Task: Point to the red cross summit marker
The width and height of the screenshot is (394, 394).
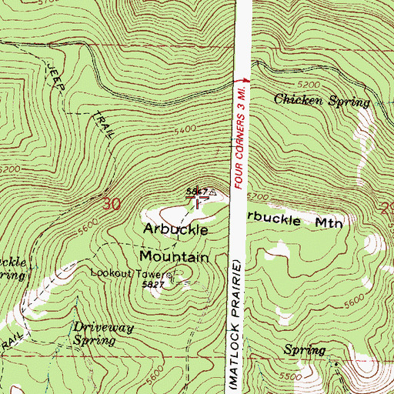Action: click(x=198, y=199)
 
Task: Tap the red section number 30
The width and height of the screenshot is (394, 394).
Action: click(x=112, y=204)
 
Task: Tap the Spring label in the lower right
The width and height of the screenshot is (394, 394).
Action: click(x=304, y=350)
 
